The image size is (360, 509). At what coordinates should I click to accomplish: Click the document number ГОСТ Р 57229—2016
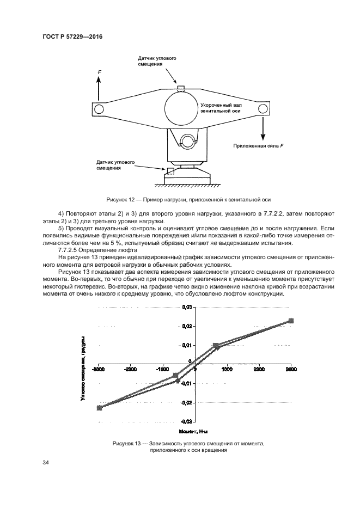coord(72,36)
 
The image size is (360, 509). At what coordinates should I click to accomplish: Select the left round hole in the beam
coord(99,109)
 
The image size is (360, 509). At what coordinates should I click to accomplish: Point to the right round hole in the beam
coord(263,109)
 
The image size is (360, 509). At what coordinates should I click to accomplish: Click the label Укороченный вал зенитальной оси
coord(221,108)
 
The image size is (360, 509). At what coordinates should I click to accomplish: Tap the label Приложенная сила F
coord(258,146)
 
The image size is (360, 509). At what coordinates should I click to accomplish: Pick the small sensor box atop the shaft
coord(181,89)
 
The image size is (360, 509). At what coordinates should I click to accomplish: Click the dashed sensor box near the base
coord(170,171)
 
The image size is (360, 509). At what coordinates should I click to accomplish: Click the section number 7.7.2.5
coord(68,250)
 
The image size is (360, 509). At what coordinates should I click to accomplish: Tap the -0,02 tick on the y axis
coord(186,402)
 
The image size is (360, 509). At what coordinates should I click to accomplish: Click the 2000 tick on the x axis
coord(259,370)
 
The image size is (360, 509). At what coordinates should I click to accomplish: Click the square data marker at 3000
coord(291,321)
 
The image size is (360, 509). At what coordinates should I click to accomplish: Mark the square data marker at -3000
coord(99,408)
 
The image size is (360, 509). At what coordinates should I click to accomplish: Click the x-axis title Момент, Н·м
coord(193,432)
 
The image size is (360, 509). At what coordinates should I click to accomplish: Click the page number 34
coord(45,463)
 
